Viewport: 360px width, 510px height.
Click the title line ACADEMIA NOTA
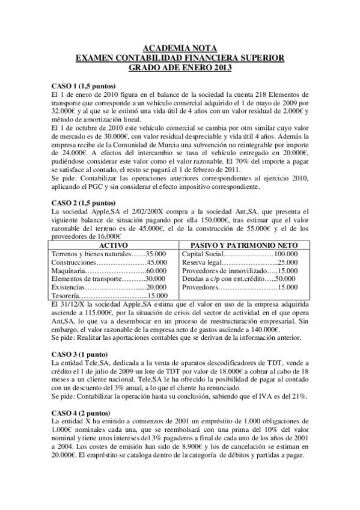180,48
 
